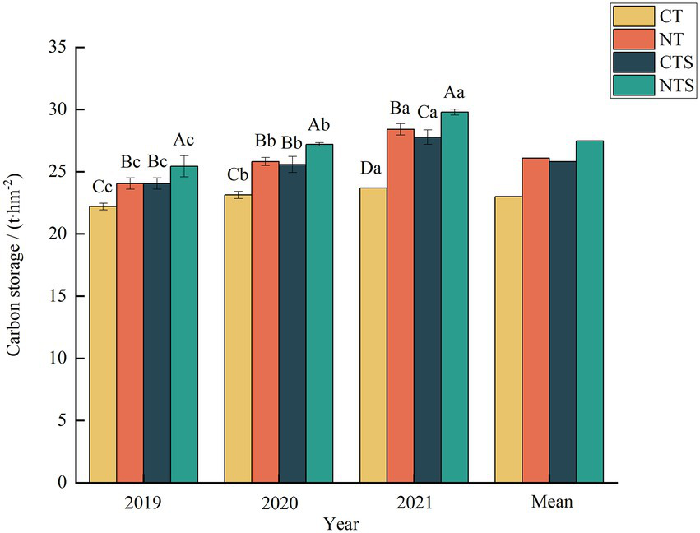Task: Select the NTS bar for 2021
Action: click(454, 297)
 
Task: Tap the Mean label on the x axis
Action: click(549, 501)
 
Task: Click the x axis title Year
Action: click(340, 521)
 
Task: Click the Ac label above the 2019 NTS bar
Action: click(184, 140)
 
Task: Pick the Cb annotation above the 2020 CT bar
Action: click(238, 174)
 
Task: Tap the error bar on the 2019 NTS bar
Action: click(184, 166)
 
